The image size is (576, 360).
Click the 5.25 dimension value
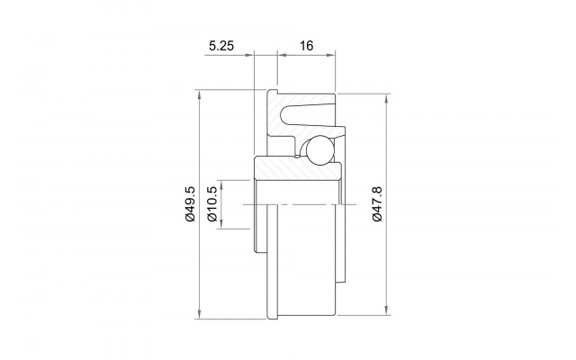click(x=221, y=46)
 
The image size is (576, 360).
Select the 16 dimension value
click(x=306, y=46)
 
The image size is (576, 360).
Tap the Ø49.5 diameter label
click(x=190, y=204)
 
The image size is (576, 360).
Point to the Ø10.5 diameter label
click(x=212, y=204)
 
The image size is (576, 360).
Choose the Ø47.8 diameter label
click(x=377, y=204)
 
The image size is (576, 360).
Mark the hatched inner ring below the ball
click(x=298, y=168)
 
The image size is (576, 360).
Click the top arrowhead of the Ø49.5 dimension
click(x=200, y=94)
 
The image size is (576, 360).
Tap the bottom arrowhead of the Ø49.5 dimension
click(x=200, y=314)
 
